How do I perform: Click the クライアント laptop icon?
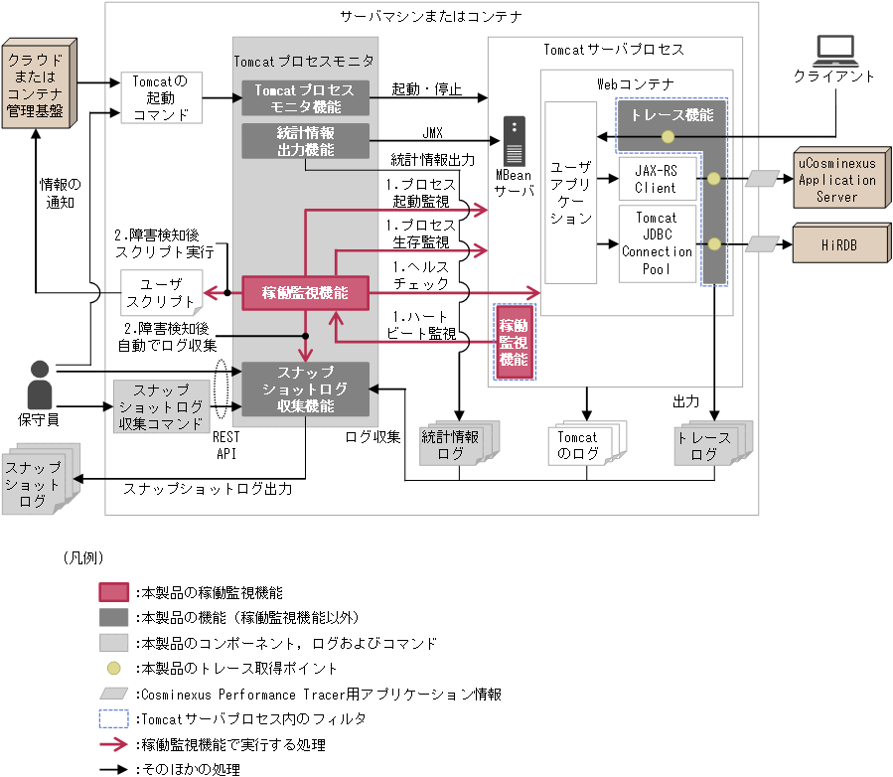pos(833,51)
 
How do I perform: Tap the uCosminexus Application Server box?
pos(836,180)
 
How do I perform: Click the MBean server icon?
pos(514,142)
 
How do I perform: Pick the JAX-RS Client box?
pos(656,180)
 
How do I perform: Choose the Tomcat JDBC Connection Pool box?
pos(657,243)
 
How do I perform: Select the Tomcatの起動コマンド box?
pos(160,97)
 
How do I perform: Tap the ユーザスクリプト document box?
pos(160,292)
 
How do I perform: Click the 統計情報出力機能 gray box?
pos(305,141)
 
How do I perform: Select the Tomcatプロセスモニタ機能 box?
pos(305,97)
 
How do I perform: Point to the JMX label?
pos(432,132)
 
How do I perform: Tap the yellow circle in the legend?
pos(115,669)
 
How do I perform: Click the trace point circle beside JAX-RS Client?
pos(713,180)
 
